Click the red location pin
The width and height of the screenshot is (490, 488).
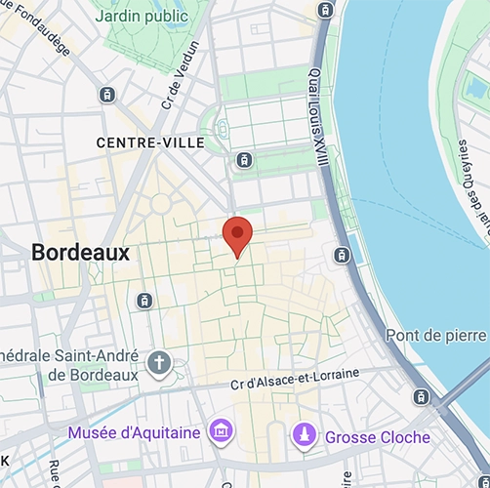(x=237, y=235)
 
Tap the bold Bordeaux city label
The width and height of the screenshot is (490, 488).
(x=80, y=252)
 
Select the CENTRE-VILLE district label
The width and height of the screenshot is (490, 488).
(x=150, y=142)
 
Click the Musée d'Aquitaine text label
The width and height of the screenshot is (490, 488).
(x=134, y=431)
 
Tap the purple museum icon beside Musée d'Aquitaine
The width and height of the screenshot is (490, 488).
(x=222, y=431)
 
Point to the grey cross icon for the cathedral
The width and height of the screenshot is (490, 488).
(x=158, y=365)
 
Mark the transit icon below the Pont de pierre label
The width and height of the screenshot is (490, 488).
(x=421, y=396)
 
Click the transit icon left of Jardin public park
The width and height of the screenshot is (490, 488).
(x=106, y=95)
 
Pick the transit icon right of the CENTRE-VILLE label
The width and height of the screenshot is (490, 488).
(x=244, y=159)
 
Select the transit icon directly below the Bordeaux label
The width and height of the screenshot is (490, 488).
(x=144, y=300)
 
